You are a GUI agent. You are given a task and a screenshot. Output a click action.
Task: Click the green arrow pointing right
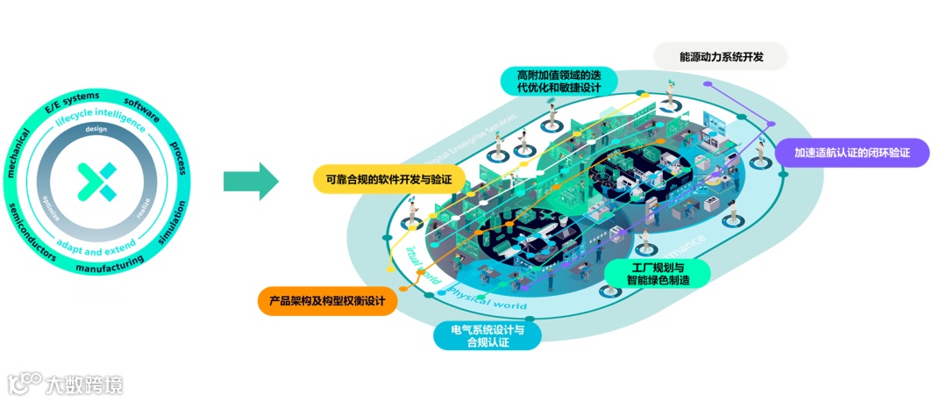coord(251,182)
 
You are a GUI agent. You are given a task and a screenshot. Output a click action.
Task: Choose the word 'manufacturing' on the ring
coord(109,266)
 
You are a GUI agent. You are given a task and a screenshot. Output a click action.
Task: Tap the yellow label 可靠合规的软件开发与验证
coord(388,179)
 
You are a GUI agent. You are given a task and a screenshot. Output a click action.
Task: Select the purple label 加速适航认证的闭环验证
coord(851,152)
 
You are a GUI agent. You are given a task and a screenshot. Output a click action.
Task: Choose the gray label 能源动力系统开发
coord(721,57)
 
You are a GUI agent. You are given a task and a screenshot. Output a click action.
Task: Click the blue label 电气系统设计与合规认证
coord(488,335)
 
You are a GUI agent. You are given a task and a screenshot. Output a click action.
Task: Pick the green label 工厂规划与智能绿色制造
coord(659,273)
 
